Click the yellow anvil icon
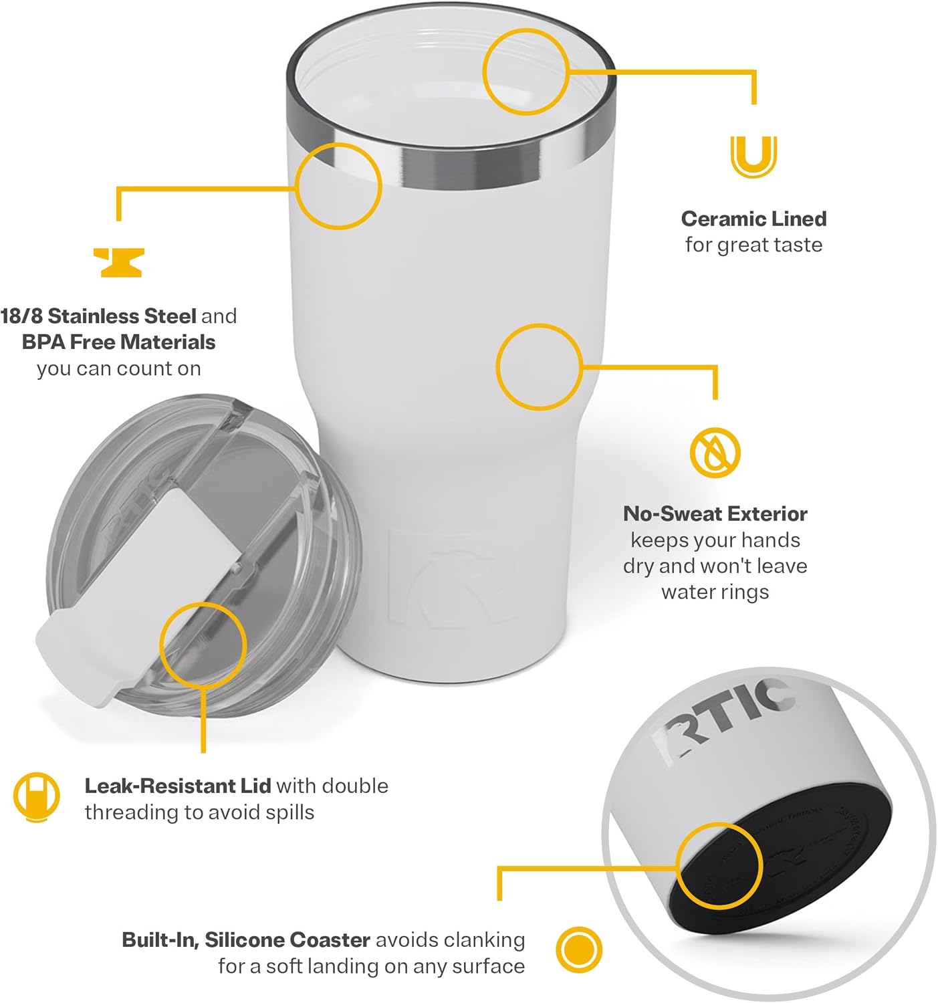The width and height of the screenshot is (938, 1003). point(118,262)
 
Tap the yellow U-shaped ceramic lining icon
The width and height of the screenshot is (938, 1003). point(753,156)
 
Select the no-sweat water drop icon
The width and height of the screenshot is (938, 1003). point(715,452)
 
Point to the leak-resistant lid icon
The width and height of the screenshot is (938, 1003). point(36,797)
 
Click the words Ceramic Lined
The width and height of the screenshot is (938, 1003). point(753,219)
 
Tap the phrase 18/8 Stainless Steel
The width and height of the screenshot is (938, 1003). point(98,316)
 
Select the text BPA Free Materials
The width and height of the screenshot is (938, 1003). point(118,342)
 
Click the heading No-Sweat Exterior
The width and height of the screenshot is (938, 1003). point(715,514)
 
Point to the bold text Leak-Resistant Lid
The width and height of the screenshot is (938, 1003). point(177,786)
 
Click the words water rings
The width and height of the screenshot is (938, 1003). point(715,592)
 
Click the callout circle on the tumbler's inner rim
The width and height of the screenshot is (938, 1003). point(525,72)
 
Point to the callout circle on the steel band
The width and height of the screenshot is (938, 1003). point(338,186)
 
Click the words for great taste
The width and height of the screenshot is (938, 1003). point(753,245)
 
